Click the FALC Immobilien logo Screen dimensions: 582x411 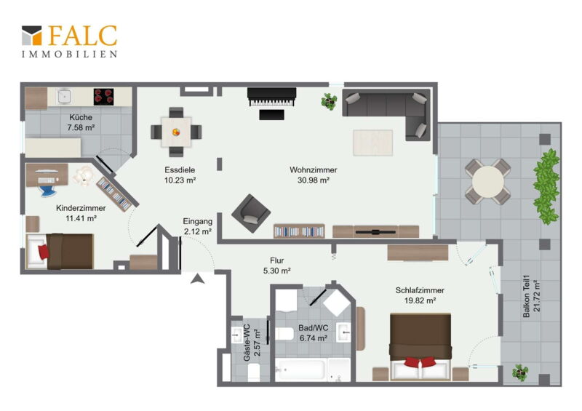[x=69, y=41]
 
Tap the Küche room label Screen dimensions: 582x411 [x=81, y=117]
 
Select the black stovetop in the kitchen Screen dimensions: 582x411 [x=103, y=97]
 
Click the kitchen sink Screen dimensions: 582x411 [x=65, y=96]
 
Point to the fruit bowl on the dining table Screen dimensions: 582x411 [x=176, y=132]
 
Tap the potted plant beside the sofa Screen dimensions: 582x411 [x=329, y=101]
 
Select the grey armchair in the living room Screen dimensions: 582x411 [x=251, y=213]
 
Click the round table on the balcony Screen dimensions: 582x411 [x=488, y=182]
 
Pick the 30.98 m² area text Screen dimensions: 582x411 [x=314, y=180]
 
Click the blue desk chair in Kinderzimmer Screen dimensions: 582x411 [x=48, y=191]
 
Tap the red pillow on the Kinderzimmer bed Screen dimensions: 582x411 [x=44, y=252]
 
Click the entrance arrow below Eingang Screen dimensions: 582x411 [x=197, y=279]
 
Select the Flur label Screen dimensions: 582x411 [x=277, y=260]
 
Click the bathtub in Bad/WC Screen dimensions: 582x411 [x=300, y=370]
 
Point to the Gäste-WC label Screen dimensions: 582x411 [x=247, y=343]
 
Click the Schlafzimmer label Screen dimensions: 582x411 [x=420, y=290]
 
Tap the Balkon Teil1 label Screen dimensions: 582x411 [x=526, y=296]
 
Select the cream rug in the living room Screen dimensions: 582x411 [x=372, y=143]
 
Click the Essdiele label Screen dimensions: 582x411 [x=180, y=170]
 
